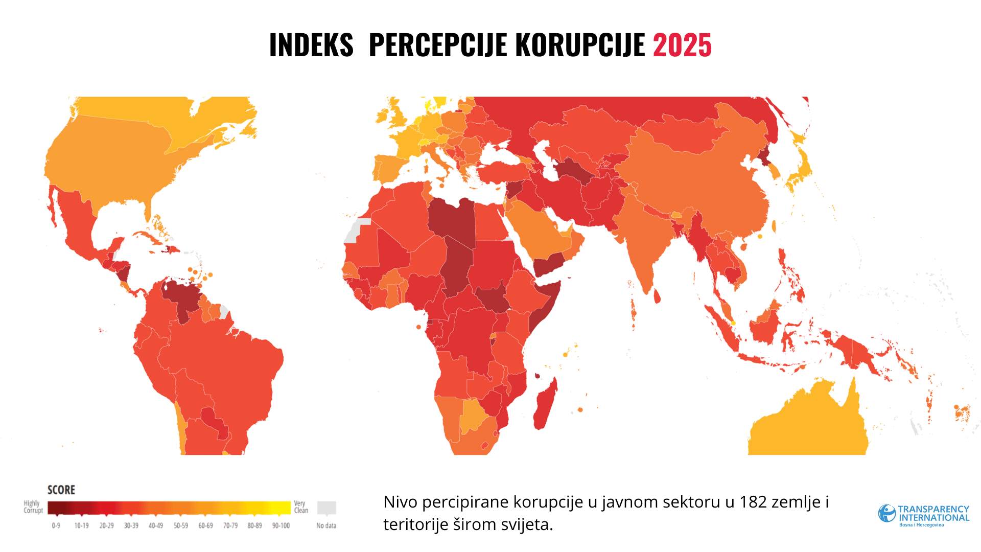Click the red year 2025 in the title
coord(682,45)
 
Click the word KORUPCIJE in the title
coord(580,45)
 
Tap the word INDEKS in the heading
coord(311,45)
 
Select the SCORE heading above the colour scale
coord(61,490)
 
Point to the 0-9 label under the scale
coord(56,525)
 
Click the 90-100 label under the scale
coord(281,525)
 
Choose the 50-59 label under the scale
coord(180,525)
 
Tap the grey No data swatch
coord(326,508)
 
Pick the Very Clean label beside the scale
coord(301,507)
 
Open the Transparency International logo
coord(923,515)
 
